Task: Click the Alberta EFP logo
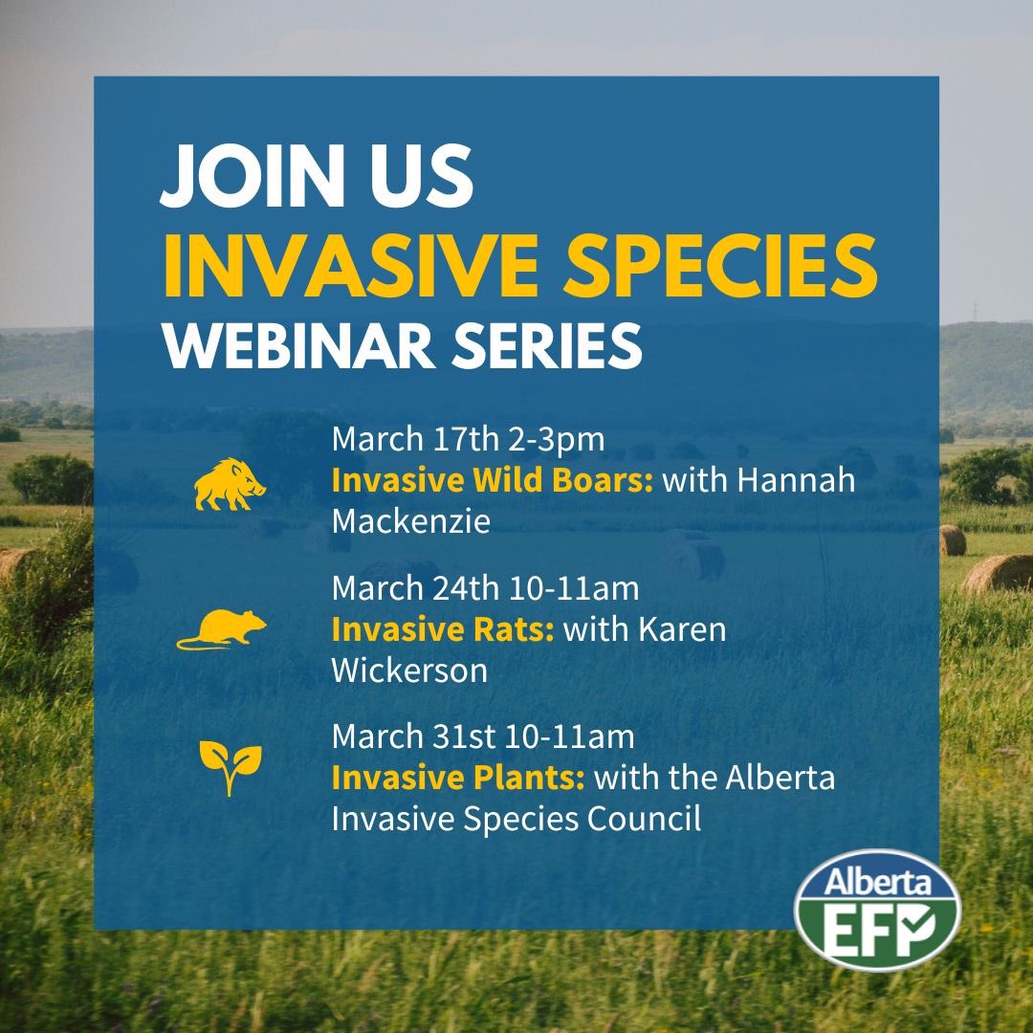point(876,907)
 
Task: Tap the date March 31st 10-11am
point(483,736)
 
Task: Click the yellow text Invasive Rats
point(442,629)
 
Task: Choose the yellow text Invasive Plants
point(458,778)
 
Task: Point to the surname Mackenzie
point(410,522)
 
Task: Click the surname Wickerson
point(409,670)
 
